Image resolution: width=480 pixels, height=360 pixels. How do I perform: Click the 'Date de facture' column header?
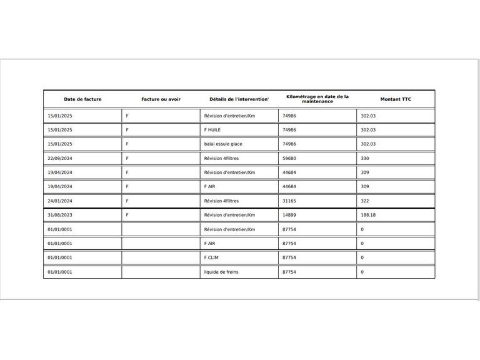[82, 99]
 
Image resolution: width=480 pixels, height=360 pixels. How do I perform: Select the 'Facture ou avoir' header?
[161, 99]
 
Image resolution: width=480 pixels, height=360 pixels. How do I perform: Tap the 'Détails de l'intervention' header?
[239, 99]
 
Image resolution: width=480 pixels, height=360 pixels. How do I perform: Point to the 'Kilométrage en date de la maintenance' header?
[317, 99]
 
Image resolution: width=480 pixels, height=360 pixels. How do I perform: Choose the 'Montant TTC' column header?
[396, 99]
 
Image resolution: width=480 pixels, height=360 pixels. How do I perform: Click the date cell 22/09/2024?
[60, 158]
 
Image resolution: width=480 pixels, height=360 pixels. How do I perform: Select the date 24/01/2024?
[60, 201]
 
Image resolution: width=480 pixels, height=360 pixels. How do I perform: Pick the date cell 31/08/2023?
[60, 215]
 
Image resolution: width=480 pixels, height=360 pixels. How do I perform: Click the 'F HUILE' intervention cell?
[212, 130]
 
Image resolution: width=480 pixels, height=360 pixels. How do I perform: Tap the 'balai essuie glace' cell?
[223, 144]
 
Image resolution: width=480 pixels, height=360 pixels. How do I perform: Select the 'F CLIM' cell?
[211, 257]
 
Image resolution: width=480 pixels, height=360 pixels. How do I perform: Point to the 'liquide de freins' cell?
[221, 272]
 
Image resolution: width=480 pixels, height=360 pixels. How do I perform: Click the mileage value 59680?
[289, 158]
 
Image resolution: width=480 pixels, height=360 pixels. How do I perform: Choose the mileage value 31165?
[289, 201]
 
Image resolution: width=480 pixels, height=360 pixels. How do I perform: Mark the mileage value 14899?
[289, 215]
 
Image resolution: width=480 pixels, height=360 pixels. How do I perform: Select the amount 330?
[365, 158]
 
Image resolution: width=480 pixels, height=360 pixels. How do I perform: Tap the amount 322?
[365, 201]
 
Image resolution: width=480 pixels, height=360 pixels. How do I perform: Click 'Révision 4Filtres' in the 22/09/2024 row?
[221, 158]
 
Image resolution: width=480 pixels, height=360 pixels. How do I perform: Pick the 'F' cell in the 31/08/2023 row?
[127, 215]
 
